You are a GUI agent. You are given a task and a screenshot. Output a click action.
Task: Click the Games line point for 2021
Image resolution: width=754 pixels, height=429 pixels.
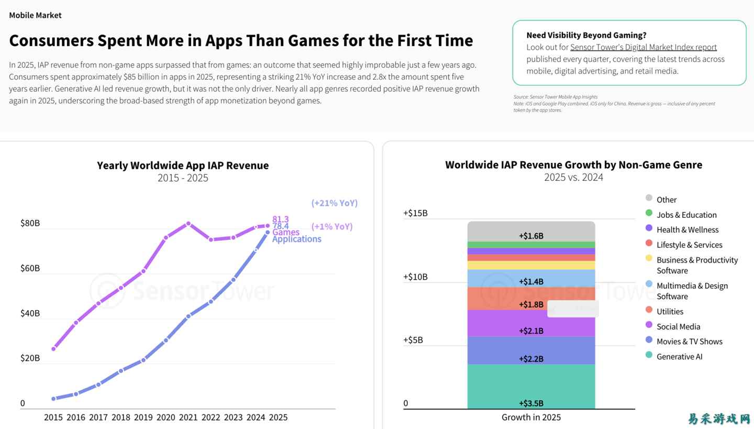(x=188, y=224)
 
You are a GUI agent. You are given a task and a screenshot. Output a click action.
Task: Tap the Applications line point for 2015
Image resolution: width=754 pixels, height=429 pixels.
(x=53, y=399)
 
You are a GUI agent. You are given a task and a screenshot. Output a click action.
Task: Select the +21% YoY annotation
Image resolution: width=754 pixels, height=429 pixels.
(x=334, y=203)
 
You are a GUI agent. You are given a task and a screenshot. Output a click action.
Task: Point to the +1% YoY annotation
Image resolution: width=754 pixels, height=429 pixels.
(x=331, y=226)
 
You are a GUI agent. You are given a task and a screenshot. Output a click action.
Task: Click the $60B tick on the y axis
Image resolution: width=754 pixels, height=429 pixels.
(x=30, y=268)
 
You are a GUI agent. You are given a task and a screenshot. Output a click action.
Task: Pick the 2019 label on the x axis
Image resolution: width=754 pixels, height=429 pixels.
(x=143, y=417)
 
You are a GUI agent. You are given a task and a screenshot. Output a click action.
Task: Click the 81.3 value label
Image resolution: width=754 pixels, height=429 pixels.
(x=280, y=219)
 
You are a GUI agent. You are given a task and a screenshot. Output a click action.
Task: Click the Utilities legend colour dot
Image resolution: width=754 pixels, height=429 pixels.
(x=649, y=310)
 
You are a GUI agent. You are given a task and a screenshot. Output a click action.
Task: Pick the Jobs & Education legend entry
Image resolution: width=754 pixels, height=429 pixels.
(x=686, y=215)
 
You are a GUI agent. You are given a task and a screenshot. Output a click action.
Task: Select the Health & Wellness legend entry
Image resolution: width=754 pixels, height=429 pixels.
(x=687, y=229)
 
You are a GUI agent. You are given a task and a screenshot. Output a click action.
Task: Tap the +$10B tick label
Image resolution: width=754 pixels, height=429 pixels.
(x=415, y=277)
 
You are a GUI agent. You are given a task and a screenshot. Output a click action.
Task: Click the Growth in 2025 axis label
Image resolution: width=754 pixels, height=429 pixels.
(x=531, y=417)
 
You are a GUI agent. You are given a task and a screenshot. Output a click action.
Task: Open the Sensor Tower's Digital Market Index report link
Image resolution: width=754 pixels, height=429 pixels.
(x=643, y=47)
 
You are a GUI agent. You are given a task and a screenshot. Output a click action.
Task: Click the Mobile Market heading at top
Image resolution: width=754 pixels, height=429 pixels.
(x=35, y=15)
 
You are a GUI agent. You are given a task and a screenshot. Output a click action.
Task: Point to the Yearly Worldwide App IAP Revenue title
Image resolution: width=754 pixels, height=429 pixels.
(x=183, y=166)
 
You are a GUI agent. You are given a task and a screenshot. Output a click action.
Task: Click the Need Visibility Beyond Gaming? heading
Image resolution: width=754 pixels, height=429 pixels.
(x=586, y=35)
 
